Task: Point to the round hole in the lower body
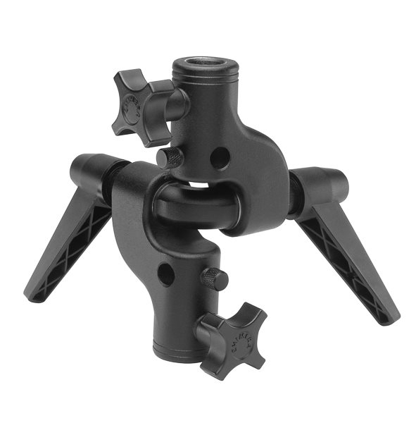tap(166, 274)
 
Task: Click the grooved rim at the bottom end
tap(176, 349)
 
